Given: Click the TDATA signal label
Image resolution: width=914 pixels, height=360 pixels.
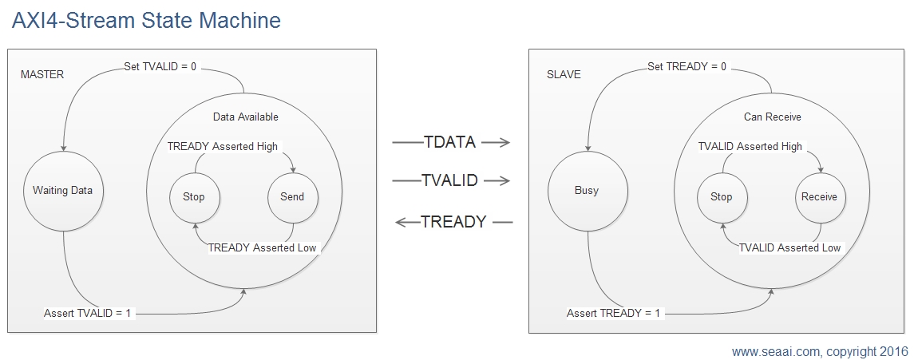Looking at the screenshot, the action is tap(449, 142).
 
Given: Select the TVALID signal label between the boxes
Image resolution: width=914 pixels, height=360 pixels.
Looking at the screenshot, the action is tap(449, 180).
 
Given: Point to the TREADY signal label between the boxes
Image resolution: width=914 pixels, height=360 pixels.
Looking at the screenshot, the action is tap(453, 222).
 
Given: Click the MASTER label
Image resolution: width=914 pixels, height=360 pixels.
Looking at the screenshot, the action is tap(42, 74).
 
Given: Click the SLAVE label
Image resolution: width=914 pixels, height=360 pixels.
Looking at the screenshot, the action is tap(564, 74).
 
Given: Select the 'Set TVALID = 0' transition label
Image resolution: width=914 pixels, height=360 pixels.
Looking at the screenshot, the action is tap(160, 67).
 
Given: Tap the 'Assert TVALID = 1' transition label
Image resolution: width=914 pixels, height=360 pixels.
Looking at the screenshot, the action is tap(89, 314).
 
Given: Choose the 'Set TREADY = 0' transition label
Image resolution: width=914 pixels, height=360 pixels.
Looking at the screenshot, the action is tap(687, 67).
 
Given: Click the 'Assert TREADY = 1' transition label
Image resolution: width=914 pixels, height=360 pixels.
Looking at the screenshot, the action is tap(614, 314).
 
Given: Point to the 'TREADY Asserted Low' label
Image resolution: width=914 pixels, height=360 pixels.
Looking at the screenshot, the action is tap(263, 247).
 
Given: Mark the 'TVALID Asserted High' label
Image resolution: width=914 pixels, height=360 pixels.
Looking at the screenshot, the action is tap(750, 147).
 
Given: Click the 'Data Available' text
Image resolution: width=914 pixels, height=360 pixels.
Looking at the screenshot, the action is tap(245, 117).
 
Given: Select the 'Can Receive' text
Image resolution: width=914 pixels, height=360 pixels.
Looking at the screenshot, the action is tap(773, 117).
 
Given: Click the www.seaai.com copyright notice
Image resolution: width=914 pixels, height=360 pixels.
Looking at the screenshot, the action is tap(820, 352).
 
